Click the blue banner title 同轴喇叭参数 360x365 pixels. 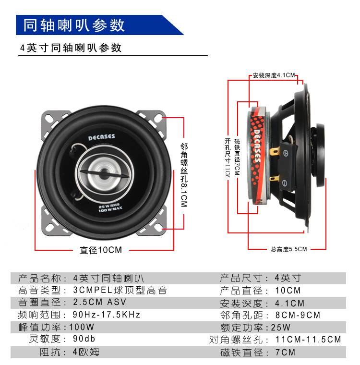pos(74,25)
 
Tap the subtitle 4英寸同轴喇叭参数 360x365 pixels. pos(71,48)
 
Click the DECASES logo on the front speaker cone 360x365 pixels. pos(101,137)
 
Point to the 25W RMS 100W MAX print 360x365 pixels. pos(110,208)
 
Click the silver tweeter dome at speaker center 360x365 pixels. pos(104,174)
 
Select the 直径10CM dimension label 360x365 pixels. pos(101,250)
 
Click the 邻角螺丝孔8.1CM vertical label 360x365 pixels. pos(184,175)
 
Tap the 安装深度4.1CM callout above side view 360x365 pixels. pos(274,75)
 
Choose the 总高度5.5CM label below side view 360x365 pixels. pos(289,249)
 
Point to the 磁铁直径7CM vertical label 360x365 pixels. pos(237,157)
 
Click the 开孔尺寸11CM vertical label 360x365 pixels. pos(228,158)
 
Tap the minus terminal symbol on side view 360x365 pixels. pos(284,183)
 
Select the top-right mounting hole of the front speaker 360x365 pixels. pos(158,119)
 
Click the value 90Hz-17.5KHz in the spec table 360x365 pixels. pos(107,315)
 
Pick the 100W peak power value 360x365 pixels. pos(82,327)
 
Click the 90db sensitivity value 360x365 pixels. pos(84,339)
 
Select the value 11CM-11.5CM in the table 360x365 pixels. pos(308,340)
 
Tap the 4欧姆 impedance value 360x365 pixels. pos(86,352)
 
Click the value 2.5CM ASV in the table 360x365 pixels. pos(99,302)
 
